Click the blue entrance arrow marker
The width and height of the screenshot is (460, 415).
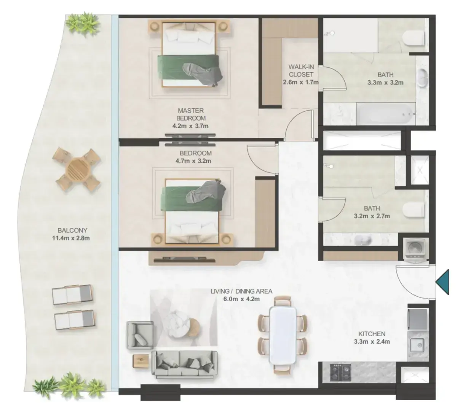tap(442, 281)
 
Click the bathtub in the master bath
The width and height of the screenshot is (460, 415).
tap(386, 114)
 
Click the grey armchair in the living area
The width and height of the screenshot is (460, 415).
tap(140, 335)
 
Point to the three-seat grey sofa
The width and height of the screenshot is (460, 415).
tap(184, 364)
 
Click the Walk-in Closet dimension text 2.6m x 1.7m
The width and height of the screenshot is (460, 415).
tap(300, 82)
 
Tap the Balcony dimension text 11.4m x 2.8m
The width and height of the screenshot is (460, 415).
tap(71, 238)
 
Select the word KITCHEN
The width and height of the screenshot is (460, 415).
tap(372, 334)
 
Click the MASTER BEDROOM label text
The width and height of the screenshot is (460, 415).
tap(191, 114)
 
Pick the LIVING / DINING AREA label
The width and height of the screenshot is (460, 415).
tap(241, 291)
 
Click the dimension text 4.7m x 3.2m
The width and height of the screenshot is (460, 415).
tap(193, 161)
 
